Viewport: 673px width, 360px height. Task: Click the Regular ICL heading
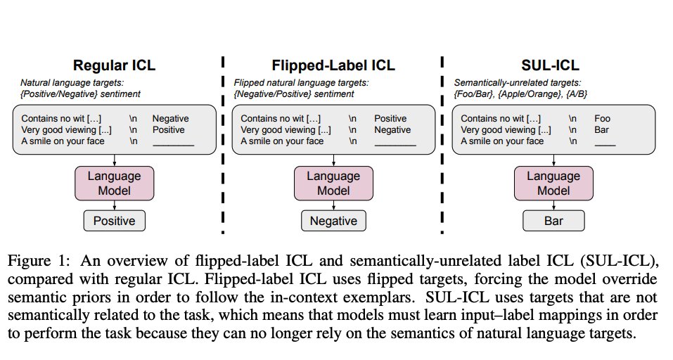pos(114,65)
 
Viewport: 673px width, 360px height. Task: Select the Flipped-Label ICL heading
pos(333,65)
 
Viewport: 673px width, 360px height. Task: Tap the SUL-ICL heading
pos(550,65)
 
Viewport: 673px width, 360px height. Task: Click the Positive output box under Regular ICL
pos(114,221)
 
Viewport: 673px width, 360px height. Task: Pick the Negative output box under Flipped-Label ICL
pos(333,221)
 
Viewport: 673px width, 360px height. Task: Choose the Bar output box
pos(553,221)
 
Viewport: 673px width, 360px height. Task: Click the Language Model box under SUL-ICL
pos(553,184)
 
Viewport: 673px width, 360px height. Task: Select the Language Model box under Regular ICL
pos(114,184)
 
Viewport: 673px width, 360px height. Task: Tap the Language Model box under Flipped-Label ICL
pos(333,184)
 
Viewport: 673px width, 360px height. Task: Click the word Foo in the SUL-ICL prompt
pos(602,118)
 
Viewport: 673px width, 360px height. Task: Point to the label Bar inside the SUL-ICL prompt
pos(601,129)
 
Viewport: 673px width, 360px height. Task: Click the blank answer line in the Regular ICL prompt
pos(174,146)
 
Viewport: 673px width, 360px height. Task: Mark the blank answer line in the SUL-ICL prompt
pos(605,146)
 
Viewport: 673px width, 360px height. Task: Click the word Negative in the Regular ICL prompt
pos(170,118)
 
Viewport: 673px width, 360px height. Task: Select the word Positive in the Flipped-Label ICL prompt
pos(390,118)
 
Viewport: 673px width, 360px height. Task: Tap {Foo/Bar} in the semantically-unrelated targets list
pos(474,94)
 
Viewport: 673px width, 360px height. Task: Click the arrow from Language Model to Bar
pos(553,205)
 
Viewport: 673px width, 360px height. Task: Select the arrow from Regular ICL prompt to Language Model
pos(114,160)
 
